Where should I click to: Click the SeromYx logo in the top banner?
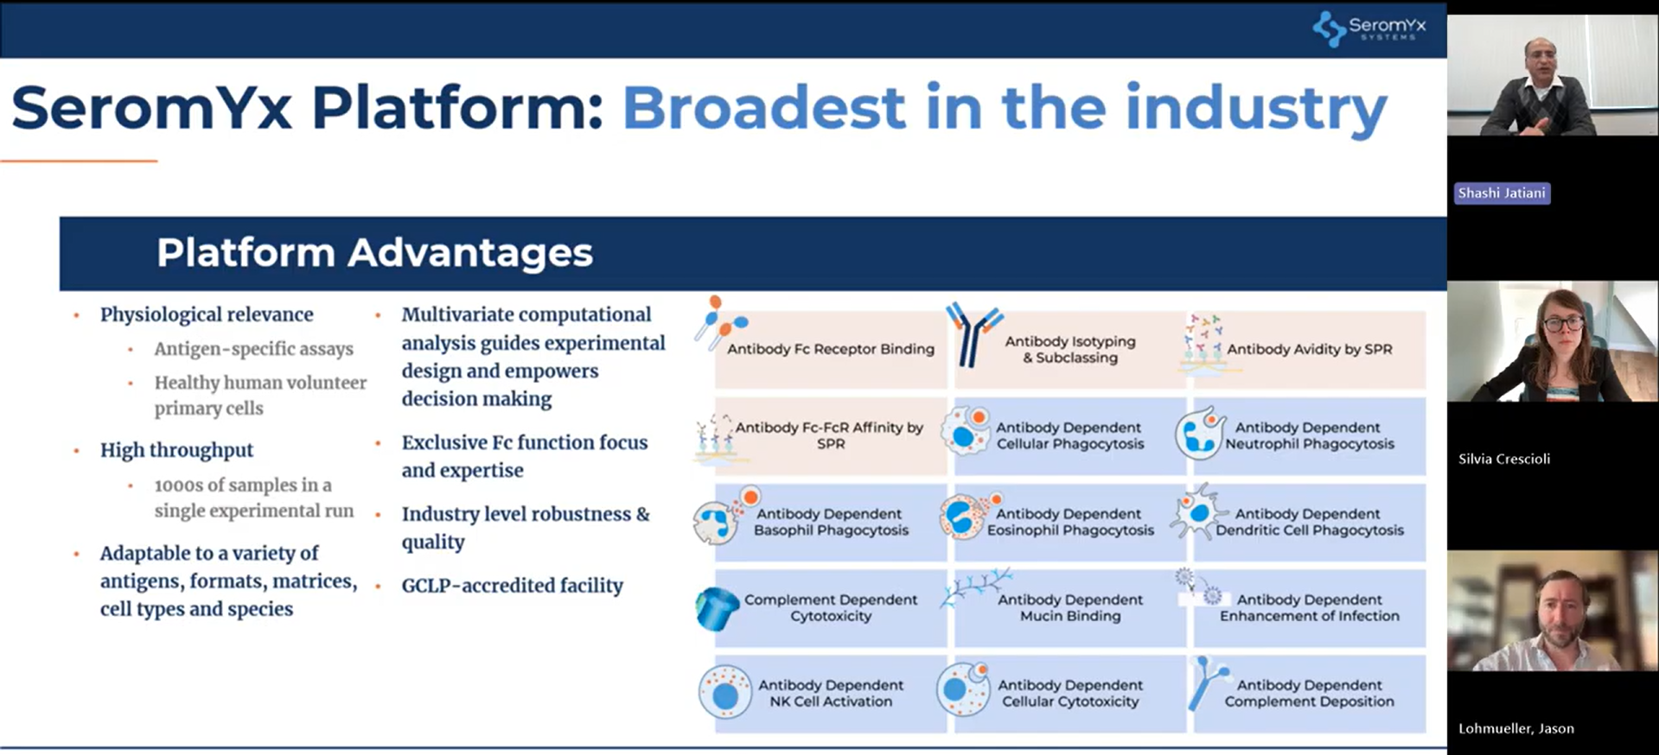[1369, 28]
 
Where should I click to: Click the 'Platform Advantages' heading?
[374, 252]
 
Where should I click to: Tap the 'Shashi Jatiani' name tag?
[1502, 193]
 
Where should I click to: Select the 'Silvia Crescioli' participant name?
[1504, 459]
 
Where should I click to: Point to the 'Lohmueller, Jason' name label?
[1515, 728]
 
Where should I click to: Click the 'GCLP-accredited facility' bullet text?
[512, 586]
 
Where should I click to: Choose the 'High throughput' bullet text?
[176, 450]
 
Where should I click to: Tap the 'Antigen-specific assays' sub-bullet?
[253, 349]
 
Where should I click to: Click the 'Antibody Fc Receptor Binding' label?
[831, 349]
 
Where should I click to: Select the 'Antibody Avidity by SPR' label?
[1310, 349]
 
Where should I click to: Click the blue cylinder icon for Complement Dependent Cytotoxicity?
[717, 608]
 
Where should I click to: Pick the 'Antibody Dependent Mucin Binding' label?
[1070, 607]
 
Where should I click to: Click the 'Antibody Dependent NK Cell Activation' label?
[831, 693]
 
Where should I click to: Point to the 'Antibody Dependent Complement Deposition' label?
[1309, 693]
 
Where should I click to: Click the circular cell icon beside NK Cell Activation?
[724, 692]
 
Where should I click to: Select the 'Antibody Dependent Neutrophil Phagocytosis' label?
[1309, 435]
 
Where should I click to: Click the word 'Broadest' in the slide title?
[764, 108]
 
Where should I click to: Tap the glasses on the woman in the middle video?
[1562, 325]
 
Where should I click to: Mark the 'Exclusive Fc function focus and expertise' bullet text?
[524, 456]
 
